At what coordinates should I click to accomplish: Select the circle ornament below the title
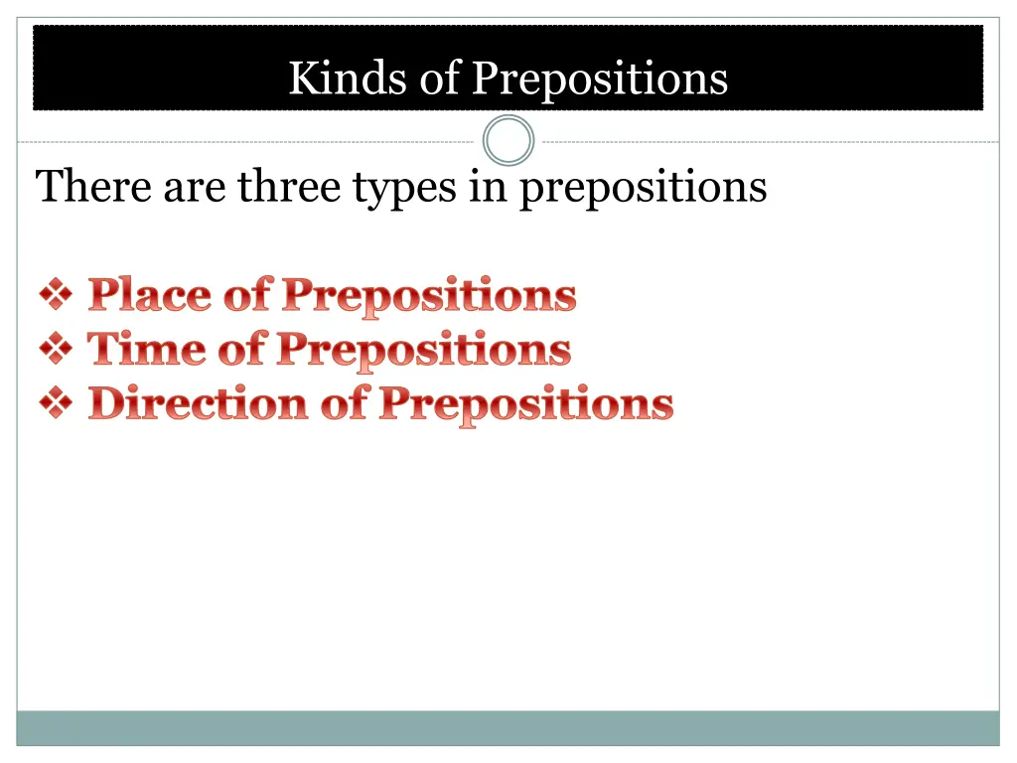(508, 141)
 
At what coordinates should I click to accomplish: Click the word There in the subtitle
(93, 186)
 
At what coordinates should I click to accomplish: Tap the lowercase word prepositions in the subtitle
(644, 188)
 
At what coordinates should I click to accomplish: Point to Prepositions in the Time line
(423, 351)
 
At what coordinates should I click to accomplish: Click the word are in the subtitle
(195, 186)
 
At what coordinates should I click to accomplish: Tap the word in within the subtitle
(487, 186)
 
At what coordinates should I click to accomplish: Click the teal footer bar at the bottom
(508, 727)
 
